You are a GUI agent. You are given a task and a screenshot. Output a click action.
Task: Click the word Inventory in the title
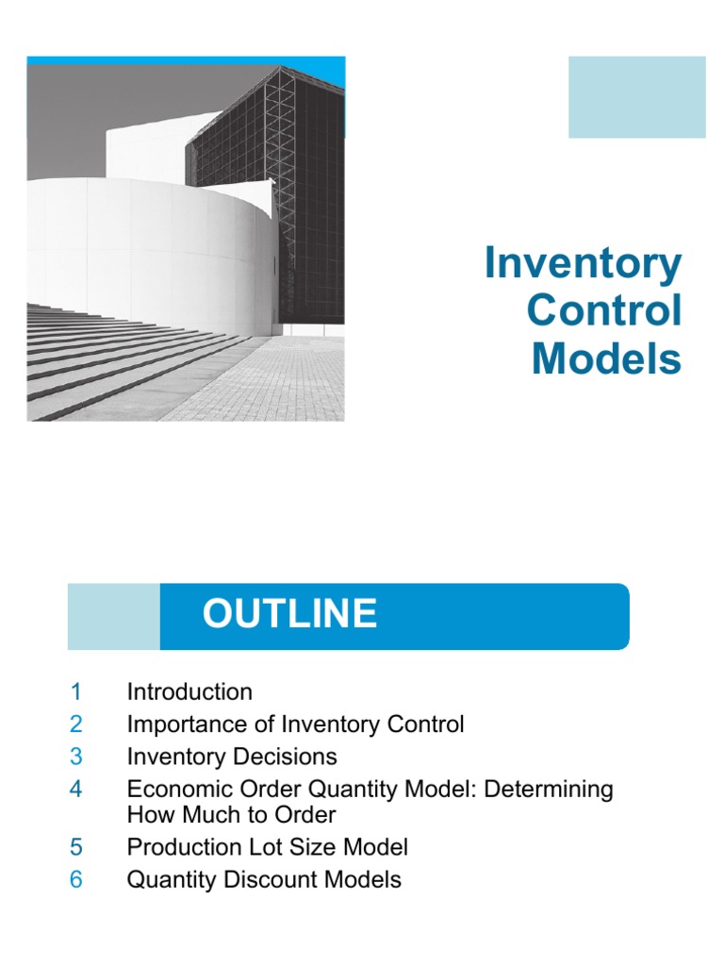[583, 264]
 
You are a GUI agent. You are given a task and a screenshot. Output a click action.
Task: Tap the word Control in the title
[604, 311]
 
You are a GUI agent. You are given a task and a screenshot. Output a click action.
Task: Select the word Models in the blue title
[606, 358]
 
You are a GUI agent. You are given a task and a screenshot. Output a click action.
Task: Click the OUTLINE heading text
[289, 614]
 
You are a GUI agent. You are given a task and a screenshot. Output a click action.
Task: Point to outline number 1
[76, 691]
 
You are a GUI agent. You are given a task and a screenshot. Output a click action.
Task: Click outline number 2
[76, 724]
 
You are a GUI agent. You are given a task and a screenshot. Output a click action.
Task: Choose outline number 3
[76, 757]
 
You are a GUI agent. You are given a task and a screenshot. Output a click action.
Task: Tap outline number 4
[76, 789]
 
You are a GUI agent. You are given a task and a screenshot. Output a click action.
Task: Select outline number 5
[76, 847]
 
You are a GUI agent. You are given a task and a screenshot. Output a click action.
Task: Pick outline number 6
[76, 879]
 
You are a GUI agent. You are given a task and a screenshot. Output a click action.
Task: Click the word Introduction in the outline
[189, 691]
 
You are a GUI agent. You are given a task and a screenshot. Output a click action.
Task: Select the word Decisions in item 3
[287, 757]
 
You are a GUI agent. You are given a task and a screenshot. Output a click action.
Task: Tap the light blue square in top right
[636, 97]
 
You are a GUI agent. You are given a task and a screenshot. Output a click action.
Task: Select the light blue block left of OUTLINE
[113, 616]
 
